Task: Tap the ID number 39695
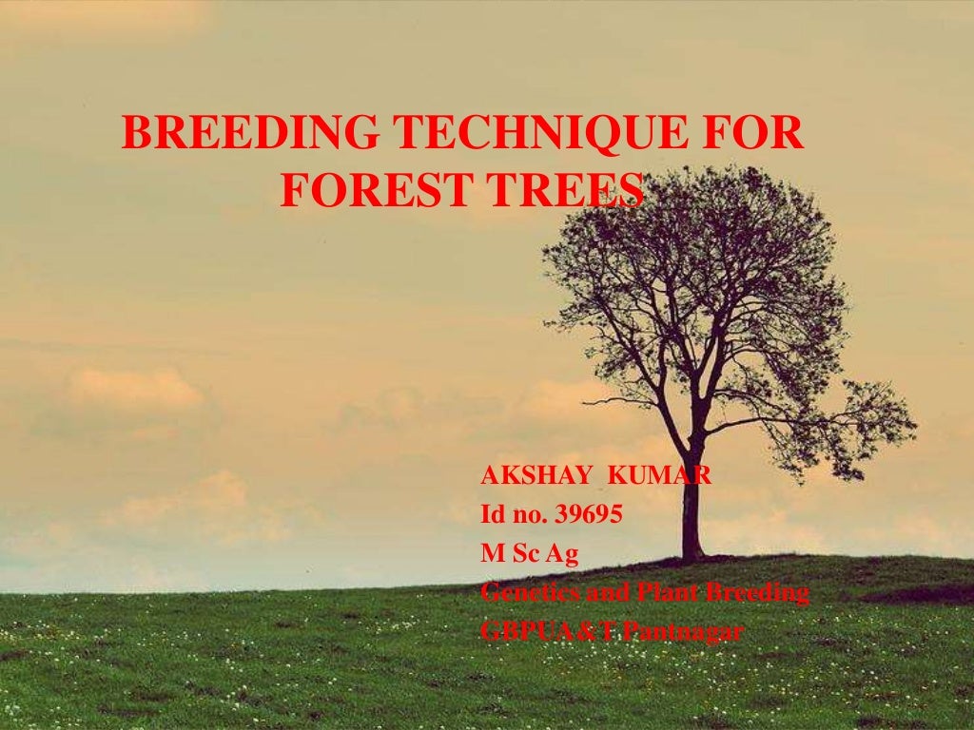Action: (589, 515)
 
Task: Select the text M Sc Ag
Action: (530, 554)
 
